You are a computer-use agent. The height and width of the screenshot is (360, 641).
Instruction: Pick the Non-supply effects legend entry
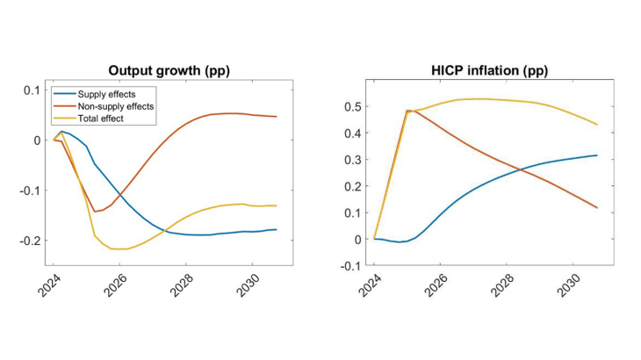[110, 105]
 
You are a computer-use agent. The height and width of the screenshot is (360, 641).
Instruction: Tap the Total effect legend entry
[97, 118]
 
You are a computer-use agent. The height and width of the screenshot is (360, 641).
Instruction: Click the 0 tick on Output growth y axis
[36, 140]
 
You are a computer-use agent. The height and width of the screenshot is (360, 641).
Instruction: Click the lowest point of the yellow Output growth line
[119, 249]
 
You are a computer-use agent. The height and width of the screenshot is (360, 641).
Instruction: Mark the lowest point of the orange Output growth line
[95, 212]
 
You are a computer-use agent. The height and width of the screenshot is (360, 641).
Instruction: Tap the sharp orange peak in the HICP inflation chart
[407, 111]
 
